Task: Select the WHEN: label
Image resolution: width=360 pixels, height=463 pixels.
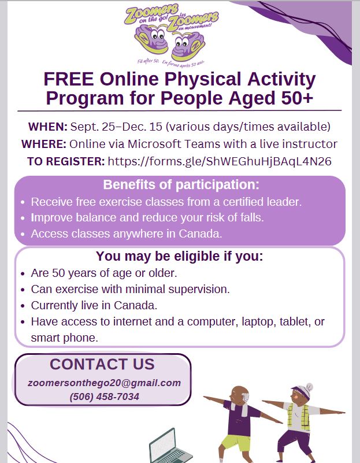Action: pos(48,127)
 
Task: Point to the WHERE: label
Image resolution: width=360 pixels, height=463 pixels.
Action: pos(44,144)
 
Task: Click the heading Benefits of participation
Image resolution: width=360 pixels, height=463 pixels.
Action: pos(181,186)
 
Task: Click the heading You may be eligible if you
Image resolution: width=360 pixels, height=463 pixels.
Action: pos(179,256)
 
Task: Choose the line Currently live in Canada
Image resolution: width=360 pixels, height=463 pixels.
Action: pos(94,305)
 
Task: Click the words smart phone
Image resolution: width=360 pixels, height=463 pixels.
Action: pos(65,338)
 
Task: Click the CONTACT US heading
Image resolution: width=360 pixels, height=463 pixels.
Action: pos(102,364)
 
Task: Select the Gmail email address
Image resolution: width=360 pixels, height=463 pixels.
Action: pos(104,383)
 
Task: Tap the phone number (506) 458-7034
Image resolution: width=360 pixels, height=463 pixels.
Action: pos(104,397)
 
